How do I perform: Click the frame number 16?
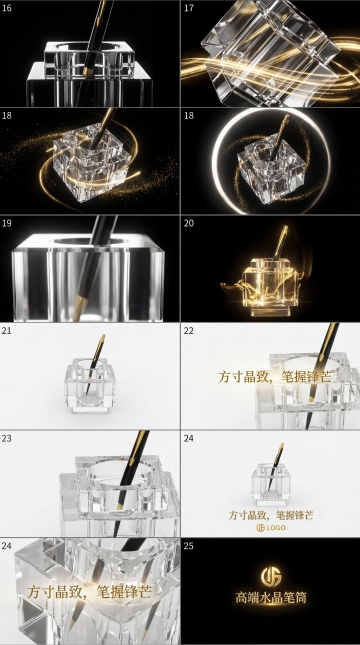coord(7,8)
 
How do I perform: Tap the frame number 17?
coord(189,8)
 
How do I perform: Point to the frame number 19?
coord(7,223)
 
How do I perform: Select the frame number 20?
coord(189,223)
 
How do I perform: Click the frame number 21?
coord(7,330)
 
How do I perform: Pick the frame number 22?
coord(189,330)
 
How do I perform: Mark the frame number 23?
coord(7,439)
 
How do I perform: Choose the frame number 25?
coord(189,546)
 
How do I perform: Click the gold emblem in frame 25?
coord(271,576)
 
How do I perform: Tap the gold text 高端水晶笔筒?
coord(271,597)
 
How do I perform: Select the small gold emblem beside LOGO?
coord(260,527)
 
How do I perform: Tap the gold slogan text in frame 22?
coord(274,377)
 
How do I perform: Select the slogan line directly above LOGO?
coord(271,515)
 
